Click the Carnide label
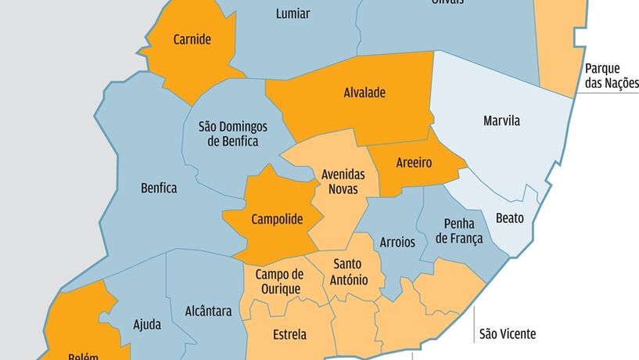click(192, 40)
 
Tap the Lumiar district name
click(293, 14)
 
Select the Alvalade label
click(364, 92)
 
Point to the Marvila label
click(501, 121)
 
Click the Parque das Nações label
click(612, 76)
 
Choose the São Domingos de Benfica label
click(233, 134)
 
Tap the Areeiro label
click(414, 165)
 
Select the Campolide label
click(277, 220)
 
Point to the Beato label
click(510, 218)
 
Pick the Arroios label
click(397, 242)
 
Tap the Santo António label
click(346, 271)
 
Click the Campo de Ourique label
click(279, 282)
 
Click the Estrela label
click(290, 335)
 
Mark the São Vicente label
click(508, 334)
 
